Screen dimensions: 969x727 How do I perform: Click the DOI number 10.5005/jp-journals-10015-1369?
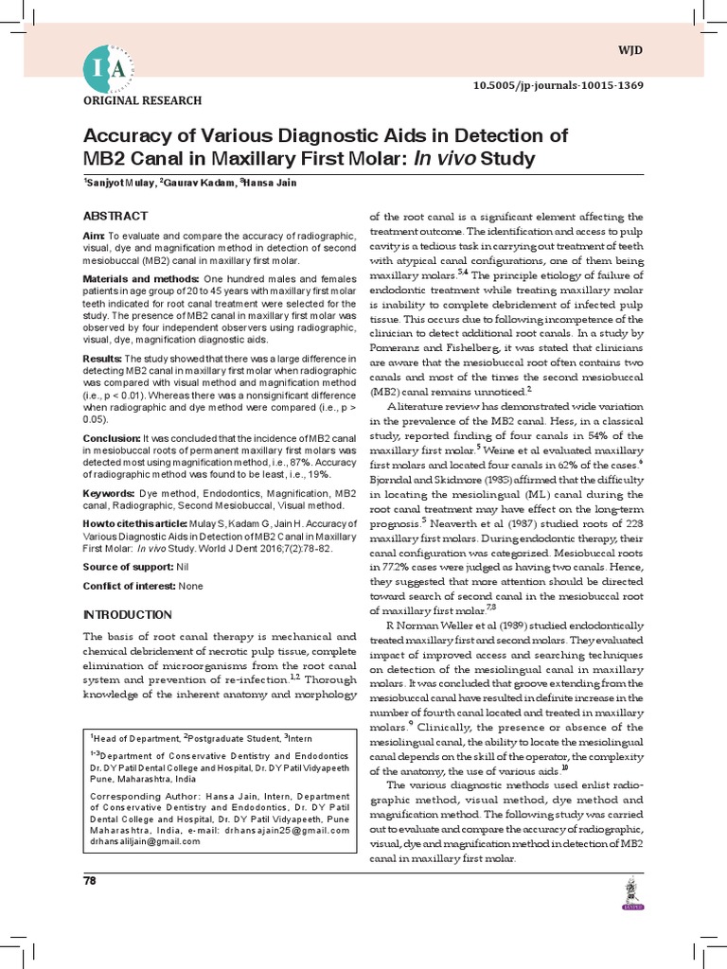(x=559, y=85)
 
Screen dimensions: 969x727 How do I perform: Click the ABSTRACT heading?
(x=115, y=216)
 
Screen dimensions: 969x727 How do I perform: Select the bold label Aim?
(x=94, y=236)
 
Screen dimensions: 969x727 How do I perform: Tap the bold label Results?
(x=103, y=360)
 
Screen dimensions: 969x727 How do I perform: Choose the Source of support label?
(x=124, y=566)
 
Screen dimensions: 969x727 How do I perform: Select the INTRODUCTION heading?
(x=128, y=614)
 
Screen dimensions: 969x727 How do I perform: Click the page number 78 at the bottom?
(x=91, y=881)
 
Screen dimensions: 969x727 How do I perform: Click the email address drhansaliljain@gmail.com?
(x=145, y=841)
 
